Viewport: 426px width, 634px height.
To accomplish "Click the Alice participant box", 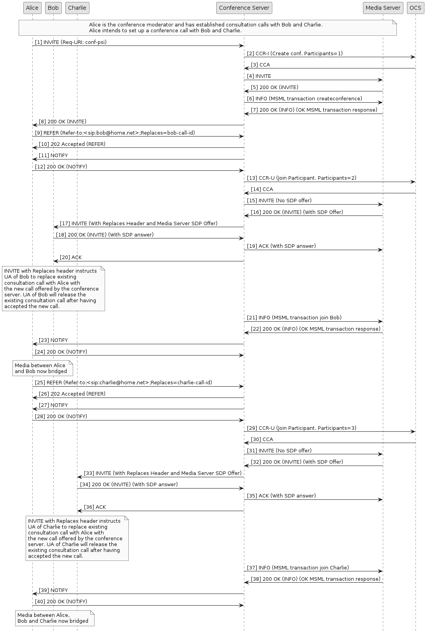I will (32, 8).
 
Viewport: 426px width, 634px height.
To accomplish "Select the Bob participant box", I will (53, 8).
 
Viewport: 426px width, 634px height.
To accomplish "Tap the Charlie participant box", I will (77, 8).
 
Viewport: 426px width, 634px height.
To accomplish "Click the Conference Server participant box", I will (244, 8).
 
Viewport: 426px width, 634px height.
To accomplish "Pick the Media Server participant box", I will (383, 8).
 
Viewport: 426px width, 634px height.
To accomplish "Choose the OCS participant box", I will (415, 8).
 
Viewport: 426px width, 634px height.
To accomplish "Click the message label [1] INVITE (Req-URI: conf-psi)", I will (71, 42).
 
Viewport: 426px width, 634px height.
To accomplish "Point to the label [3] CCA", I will (260, 65).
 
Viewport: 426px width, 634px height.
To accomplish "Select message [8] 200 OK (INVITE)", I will (63, 122).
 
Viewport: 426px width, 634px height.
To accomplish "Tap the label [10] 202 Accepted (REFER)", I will (72, 144).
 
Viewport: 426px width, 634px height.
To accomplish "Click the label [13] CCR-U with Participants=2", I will (302, 178).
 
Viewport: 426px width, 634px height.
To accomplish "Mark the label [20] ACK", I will (71, 257).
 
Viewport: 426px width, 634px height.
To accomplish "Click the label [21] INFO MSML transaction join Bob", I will (294, 318).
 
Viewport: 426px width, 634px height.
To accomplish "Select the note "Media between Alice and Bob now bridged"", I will (42, 368).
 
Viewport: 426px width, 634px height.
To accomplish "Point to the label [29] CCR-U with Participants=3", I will (302, 428).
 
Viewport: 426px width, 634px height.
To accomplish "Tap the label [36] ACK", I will (95, 507).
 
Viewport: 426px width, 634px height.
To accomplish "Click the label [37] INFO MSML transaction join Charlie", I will (298, 568).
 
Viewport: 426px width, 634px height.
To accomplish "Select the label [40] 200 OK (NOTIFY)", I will (61, 602).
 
